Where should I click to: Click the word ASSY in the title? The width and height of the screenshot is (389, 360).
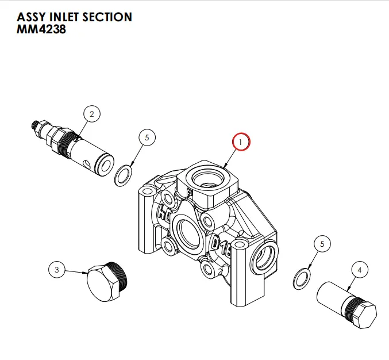30,17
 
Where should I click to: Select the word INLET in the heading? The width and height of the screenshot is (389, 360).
64,17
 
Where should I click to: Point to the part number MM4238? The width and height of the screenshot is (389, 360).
41,29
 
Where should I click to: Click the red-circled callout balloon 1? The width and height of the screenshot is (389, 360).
241,141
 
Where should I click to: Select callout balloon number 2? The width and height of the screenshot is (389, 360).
91,114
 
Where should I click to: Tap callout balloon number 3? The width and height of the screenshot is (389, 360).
56,269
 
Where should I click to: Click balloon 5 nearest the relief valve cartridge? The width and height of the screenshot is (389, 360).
147,138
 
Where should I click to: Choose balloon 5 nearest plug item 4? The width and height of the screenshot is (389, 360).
322,244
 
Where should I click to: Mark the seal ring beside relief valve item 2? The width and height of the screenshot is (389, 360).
123,176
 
